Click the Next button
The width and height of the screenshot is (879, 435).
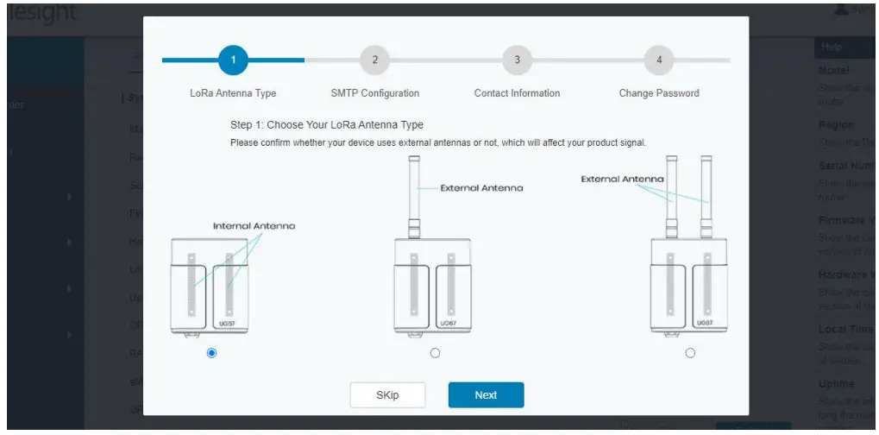click(x=486, y=394)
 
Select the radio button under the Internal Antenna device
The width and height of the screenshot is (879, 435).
click(x=212, y=353)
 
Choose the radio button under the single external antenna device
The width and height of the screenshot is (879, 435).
click(x=435, y=353)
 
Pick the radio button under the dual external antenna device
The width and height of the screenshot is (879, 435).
click(x=690, y=353)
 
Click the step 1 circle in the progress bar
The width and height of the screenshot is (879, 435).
click(x=233, y=60)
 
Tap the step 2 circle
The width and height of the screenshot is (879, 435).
click(x=375, y=60)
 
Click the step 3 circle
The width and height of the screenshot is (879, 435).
click(x=518, y=60)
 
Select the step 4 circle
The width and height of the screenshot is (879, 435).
click(x=659, y=60)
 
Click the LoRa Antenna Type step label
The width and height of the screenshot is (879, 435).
click(x=233, y=93)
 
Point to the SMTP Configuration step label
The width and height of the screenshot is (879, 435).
click(x=375, y=93)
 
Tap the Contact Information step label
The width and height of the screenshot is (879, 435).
click(x=517, y=93)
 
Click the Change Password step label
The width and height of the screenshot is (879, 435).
click(x=659, y=93)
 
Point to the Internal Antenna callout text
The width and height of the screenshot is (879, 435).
click(x=254, y=225)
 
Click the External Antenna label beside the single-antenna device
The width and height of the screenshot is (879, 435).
click(x=481, y=187)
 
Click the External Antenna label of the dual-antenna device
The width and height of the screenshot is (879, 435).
click(x=622, y=180)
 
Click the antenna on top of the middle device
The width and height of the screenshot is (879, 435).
click(x=413, y=190)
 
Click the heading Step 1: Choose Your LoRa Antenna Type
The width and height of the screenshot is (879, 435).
click(x=327, y=125)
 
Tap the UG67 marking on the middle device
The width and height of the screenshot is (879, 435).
click(x=449, y=323)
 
